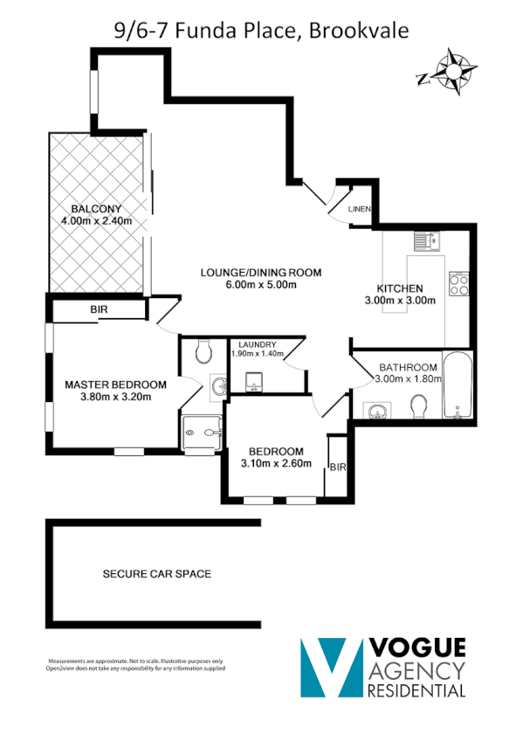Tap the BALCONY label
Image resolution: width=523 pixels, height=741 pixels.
tap(97, 209)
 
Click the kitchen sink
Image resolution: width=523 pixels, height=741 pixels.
tap(428, 239)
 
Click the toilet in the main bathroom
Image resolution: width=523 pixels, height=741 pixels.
tap(418, 406)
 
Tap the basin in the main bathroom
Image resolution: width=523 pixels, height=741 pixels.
tap(379, 411)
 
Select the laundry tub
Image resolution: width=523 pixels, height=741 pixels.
tap(254, 381)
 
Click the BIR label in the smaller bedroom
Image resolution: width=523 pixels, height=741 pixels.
tap(337, 468)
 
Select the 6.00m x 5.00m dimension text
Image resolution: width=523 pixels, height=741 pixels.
tap(261, 285)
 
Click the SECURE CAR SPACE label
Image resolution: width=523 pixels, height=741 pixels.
tap(157, 574)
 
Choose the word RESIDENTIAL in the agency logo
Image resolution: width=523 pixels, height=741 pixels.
tap(417, 690)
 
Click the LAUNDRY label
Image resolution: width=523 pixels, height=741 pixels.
tap(254, 344)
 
